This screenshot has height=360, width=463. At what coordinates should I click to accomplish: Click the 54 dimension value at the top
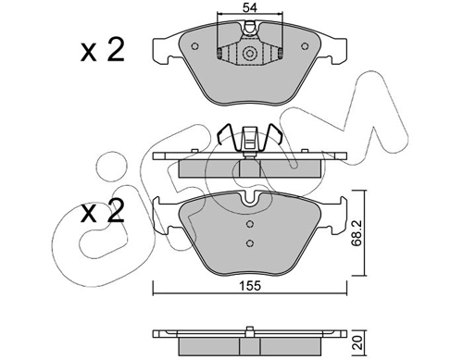click(250, 7)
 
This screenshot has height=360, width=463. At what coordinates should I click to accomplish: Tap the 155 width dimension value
click(250, 286)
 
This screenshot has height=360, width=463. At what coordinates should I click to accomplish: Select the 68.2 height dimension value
click(357, 233)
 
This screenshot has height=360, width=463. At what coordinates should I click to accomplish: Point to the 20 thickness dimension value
click(357, 342)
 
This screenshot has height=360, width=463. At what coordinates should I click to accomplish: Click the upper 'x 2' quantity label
click(103, 50)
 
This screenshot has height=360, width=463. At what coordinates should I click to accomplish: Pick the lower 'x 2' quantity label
click(103, 211)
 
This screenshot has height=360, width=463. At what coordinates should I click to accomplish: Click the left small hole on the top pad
click(194, 46)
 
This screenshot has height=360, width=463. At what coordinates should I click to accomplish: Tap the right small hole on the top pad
click(305, 46)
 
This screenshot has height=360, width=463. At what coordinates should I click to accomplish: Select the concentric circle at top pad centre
click(249, 54)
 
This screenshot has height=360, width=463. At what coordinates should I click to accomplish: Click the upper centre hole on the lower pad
click(250, 224)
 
